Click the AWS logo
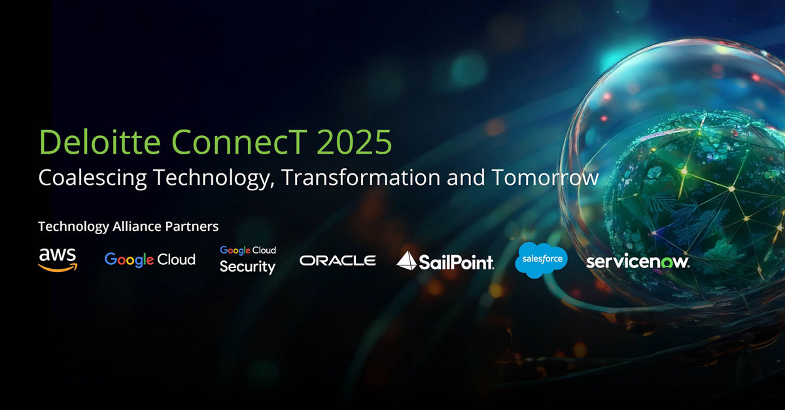point(58,259)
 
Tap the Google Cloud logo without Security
point(150,260)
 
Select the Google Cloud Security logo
point(248,260)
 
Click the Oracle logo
point(338,260)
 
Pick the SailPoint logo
point(445,261)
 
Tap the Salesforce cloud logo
point(541,260)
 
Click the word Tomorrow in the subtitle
point(545,178)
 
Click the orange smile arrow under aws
point(58,266)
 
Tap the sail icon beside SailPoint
point(407,260)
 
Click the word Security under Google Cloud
point(247,267)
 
